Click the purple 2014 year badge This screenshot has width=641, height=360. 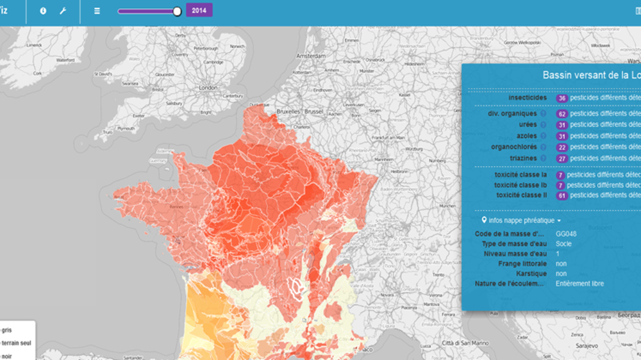pyautogui.click(x=199, y=10)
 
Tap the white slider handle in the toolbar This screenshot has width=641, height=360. pyautogui.click(x=178, y=11)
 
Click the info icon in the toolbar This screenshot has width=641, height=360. pyautogui.click(x=43, y=11)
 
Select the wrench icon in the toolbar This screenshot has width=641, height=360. pyautogui.click(x=63, y=11)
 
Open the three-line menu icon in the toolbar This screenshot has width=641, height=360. pyautogui.click(x=97, y=11)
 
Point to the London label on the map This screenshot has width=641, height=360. pyautogui.click(x=208, y=88)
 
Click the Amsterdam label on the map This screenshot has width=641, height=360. pyautogui.click(x=311, y=56)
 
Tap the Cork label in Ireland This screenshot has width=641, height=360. pyautogui.click(x=38, y=73)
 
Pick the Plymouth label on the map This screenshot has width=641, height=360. pyautogui.click(x=126, y=128)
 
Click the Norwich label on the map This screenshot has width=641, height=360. pyautogui.click(x=237, y=46)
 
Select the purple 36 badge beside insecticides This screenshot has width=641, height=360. pyautogui.click(x=562, y=98)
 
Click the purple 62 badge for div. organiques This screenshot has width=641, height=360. pyautogui.click(x=562, y=113)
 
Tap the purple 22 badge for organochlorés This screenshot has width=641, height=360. pyautogui.click(x=562, y=147)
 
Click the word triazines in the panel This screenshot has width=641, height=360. pyautogui.click(x=523, y=158)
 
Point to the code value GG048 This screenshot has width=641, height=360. pyautogui.click(x=566, y=234)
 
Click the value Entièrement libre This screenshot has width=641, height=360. pyautogui.click(x=579, y=284)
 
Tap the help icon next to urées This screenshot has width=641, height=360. pyautogui.click(x=543, y=125)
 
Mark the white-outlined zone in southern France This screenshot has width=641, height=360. pyautogui.click(x=296, y=288)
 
